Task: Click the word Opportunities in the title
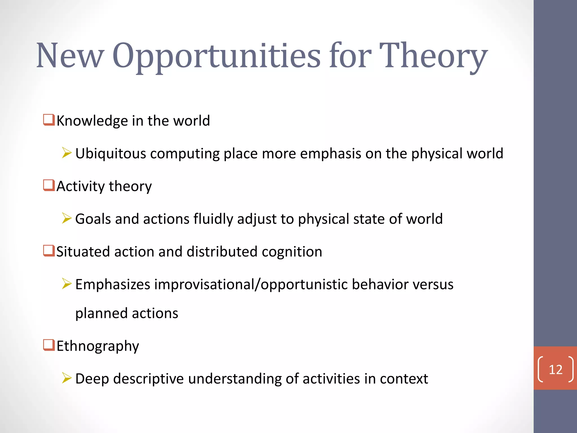216,56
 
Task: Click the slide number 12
556,370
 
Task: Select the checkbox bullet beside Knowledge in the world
49,120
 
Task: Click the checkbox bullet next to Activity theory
49,185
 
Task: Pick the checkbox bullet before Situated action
49,251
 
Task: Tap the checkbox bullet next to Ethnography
49,345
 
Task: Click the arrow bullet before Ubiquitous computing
67,153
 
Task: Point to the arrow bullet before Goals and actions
67,218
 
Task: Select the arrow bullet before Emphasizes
67,284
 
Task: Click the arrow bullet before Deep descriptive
67,378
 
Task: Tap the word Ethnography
98,346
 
